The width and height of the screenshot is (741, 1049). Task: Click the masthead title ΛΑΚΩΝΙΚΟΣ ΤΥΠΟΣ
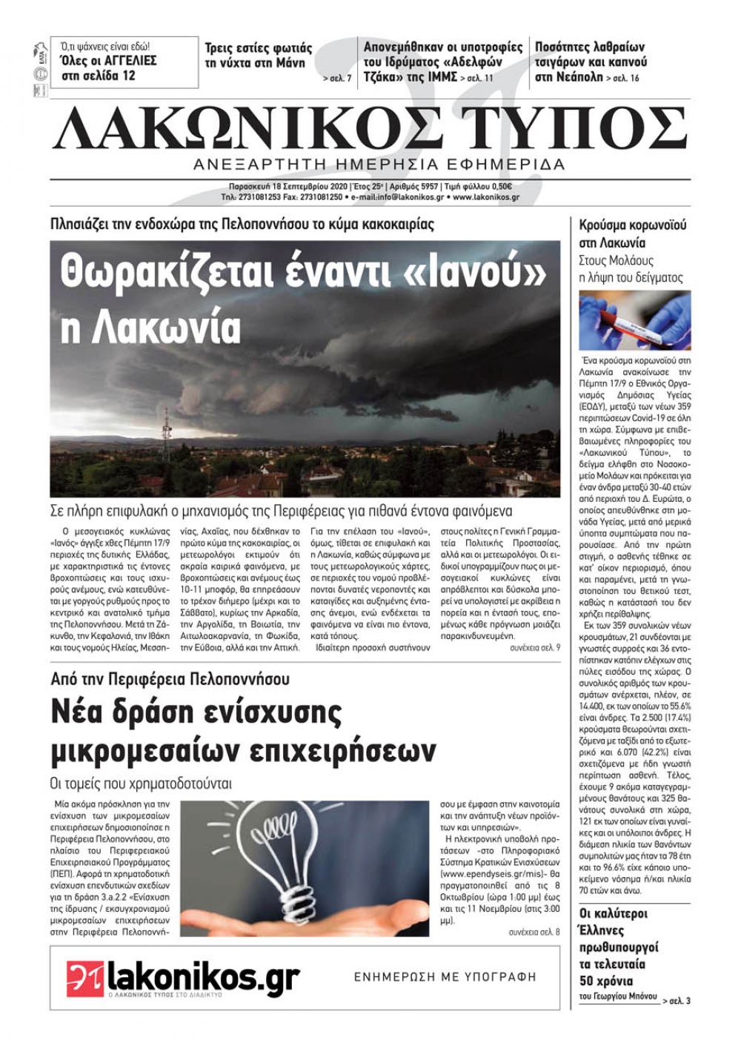pos(369,127)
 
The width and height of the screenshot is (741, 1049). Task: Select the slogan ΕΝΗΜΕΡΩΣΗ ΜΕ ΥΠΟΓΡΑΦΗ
pos(445,977)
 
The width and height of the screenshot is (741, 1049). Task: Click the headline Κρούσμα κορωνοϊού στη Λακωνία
pos(633,234)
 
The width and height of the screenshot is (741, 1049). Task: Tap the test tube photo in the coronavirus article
pos(635,320)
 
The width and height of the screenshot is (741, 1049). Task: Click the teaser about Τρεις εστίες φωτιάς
pos(258,56)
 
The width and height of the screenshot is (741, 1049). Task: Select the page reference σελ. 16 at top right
pos(627,78)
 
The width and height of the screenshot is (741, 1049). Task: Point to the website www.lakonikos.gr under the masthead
pos(485,198)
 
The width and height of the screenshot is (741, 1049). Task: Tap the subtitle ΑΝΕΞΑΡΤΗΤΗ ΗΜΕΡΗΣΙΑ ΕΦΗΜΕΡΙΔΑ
pos(378,164)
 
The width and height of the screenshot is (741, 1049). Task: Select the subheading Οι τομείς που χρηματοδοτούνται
pos(141,783)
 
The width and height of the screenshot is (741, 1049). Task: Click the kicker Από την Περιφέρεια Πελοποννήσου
pos(170,678)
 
